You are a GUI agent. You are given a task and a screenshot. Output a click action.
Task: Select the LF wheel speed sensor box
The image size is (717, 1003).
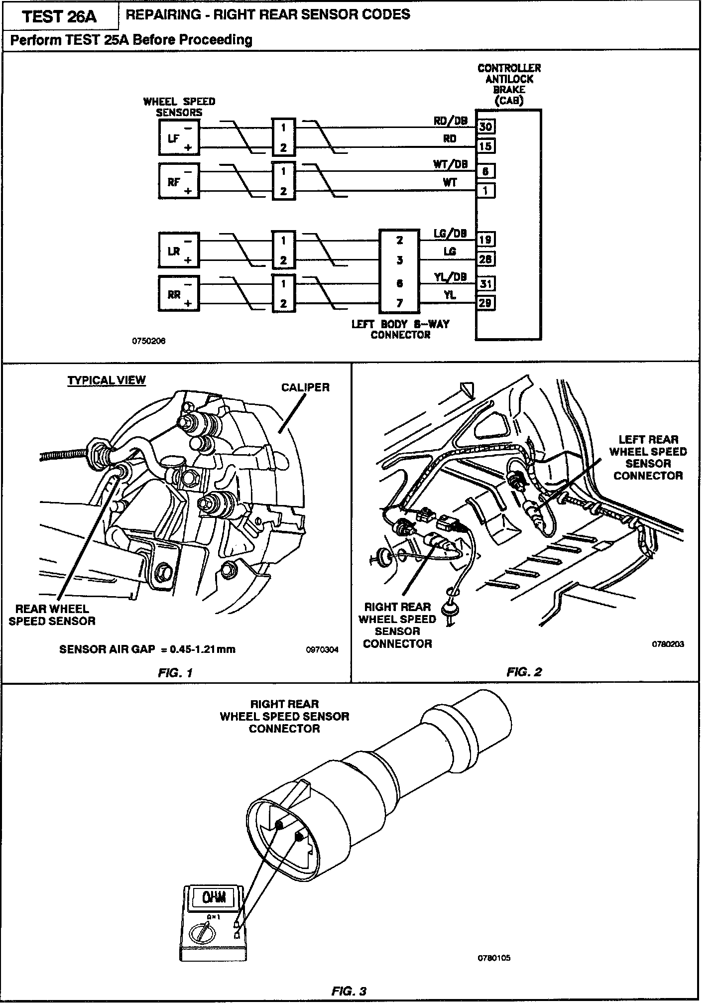click(178, 138)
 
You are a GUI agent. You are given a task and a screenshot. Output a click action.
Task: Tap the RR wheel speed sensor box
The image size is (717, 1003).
click(178, 294)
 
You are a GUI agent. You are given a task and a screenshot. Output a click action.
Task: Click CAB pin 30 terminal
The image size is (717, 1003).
click(485, 126)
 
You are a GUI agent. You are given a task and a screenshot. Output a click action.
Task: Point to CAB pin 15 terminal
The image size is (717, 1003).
click(485, 146)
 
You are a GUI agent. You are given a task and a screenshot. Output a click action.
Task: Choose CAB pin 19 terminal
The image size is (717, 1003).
click(485, 240)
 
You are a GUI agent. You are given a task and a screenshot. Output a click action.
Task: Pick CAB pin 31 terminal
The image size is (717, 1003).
click(485, 284)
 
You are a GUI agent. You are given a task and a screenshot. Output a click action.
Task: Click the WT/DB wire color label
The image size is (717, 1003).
click(450, 164)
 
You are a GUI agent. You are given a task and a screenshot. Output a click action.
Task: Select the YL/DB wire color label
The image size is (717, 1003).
click(450, 277)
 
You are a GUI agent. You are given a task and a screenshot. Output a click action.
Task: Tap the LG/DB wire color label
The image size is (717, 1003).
click(450, 233)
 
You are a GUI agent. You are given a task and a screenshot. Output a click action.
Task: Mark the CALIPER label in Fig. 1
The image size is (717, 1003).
click(305, 387)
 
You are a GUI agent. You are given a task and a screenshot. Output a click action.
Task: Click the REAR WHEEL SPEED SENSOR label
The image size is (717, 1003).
click(52, 615)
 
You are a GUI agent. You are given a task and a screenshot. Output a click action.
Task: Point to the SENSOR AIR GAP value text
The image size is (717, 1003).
click(147, 649)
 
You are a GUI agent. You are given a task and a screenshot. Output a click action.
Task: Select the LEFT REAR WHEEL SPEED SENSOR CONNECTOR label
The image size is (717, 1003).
click(648, 457)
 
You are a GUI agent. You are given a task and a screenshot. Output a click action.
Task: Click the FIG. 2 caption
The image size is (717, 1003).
click(524, 672)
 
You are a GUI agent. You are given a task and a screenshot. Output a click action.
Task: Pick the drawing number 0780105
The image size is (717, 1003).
click(494, 958)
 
